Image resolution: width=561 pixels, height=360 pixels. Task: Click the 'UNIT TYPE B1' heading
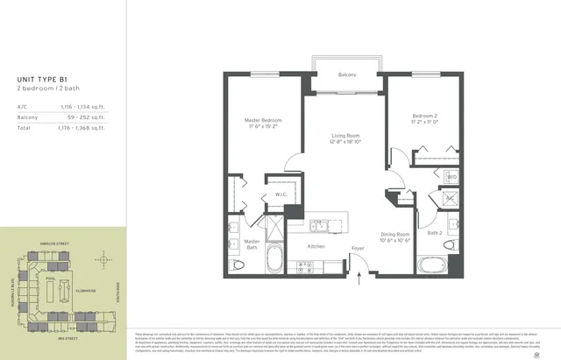point(41,80)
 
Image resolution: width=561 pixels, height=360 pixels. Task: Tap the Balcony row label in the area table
point(28,116)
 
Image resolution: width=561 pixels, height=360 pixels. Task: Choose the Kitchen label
point(317,247)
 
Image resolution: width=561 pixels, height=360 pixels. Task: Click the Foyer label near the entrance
point(358,249)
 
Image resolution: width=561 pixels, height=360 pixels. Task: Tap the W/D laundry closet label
point(451,177)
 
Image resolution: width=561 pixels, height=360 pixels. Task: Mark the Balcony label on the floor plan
point(347,75)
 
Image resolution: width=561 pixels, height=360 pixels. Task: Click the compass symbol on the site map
point(104,260)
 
